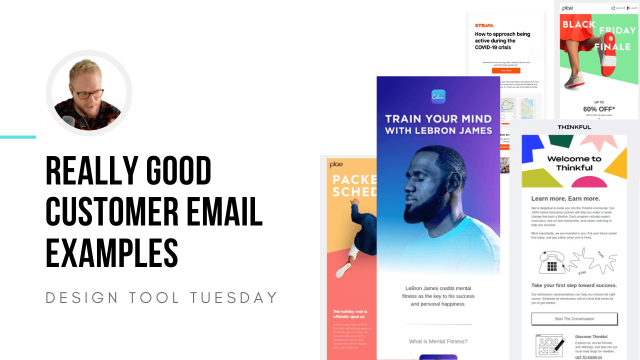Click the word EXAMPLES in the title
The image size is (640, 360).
[111, 253]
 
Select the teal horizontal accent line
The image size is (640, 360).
[18, 136]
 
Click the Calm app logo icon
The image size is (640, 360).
[438, 96]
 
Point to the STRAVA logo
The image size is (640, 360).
[484, 25]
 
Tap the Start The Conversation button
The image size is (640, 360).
[574, 319]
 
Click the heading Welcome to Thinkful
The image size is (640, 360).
[574, 163]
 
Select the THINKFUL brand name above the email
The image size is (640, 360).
[574, 127]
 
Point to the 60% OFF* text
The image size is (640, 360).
[598, 108]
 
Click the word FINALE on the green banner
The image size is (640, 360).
[612, 47]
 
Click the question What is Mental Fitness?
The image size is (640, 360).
[438, 341]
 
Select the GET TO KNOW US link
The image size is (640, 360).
[588, 357]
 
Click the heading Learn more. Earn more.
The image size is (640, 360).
[565, 198]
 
